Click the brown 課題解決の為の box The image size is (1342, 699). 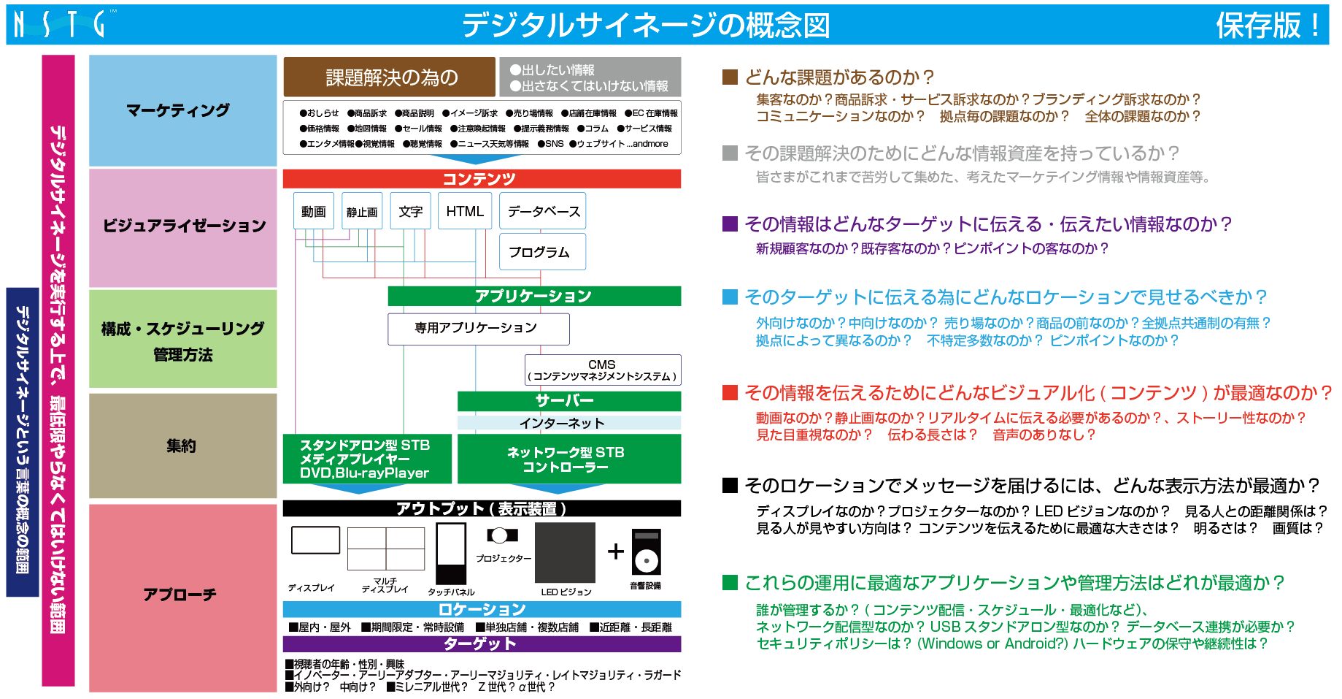pos(389,77)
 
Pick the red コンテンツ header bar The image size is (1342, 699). pos(481,178)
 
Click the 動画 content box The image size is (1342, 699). pos(314,211)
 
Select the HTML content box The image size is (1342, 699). pos(465,211)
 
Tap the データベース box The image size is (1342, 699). pos(543,211)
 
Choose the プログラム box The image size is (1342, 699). pos(542,251)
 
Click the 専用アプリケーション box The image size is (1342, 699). pos(478,328)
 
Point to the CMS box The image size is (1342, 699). pos(602,370)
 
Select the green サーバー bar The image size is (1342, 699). pos(568,400)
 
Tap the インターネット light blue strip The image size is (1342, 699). pos(568,423)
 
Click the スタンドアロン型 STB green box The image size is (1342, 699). pos(366,459)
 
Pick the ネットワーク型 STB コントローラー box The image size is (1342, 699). pos(568,459)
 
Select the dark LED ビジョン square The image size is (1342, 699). pos(565,553)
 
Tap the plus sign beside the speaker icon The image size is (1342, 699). pos(616,551)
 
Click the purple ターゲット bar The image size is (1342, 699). pos(481,643)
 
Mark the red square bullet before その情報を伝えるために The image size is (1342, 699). pos(729,393)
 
